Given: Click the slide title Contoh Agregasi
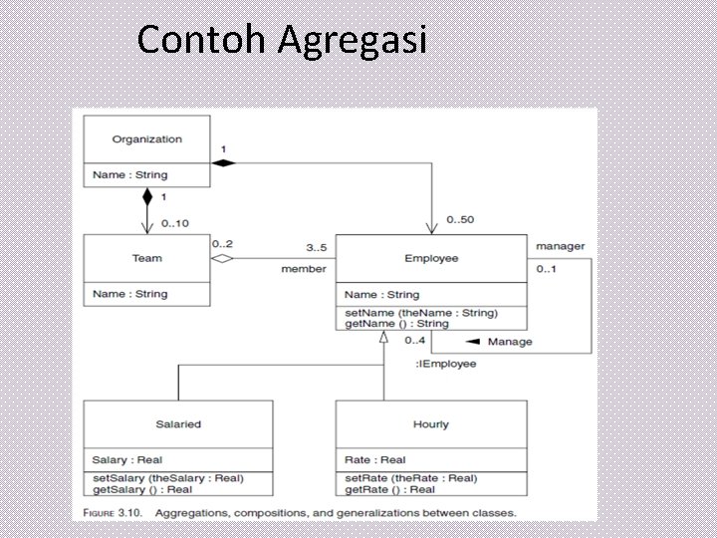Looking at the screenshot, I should tap(282, 40).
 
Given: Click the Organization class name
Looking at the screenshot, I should tap(146, 139).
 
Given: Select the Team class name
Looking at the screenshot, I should tap(146, 258).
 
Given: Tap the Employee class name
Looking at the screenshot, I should tap(431, 258).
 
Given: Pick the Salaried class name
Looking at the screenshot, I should tap(177, 423).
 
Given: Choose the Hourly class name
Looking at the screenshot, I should tap(431, 424).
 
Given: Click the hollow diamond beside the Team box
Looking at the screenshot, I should tap(222, 259).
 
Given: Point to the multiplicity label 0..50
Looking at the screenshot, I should tap(460, 219).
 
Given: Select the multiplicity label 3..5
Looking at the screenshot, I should tap(316, 247).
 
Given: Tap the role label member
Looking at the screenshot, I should tap(304, 269).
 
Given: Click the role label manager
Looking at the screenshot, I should tap(561, 246).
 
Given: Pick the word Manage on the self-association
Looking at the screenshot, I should tap(510, 342).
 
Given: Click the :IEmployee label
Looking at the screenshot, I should tap(445, 364).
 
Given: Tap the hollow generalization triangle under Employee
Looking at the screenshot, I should tap(383, 338).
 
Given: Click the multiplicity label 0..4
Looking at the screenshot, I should tap(415, 341).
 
